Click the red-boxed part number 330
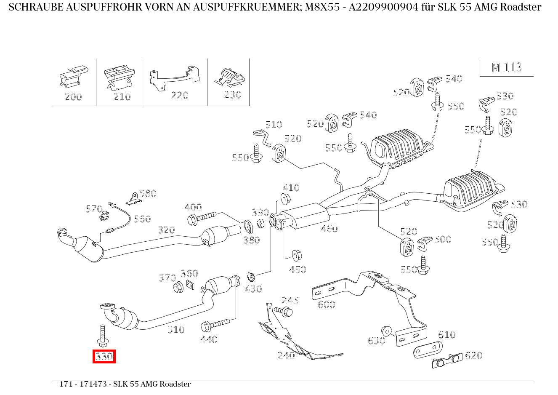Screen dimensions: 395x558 (104, 357)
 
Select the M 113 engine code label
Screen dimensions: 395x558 (507, 67)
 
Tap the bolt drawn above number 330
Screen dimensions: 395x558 (102, 335)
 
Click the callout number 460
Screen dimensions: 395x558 (329, 229)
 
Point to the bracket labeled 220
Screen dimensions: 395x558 (175, 77)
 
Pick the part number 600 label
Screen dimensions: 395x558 (326, 304)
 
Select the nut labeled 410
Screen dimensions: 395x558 (285, 198)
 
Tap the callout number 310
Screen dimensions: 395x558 (176, 330)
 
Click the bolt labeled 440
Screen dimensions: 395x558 (215, 325)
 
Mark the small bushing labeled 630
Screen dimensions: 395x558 (385, 331)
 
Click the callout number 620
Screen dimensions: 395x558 (473, 355)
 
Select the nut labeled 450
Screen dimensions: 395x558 (297, 255)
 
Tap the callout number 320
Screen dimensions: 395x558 (166, 230)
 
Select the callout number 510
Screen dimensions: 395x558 (274, 125)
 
